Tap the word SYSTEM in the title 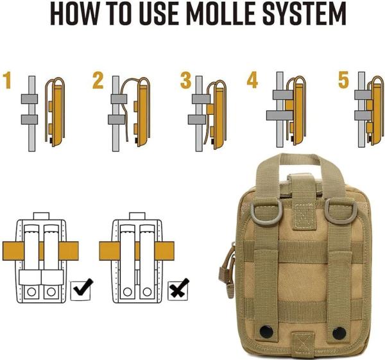click(304, 13)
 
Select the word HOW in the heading click(74, 13)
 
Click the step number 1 click(8, 80)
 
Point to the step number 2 click(98, 80)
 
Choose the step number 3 click(185, 80)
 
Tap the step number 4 click(252, 80)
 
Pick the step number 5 click(343, 80)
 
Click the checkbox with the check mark click(81, 290)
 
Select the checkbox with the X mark click(178, 290)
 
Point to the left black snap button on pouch click(266, 331)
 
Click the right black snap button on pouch click(339, 333)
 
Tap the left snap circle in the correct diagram click(31, 292)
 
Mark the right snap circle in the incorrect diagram click(147, 292)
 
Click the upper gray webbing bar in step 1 click(30, 99)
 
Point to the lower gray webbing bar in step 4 click(280, 116)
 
